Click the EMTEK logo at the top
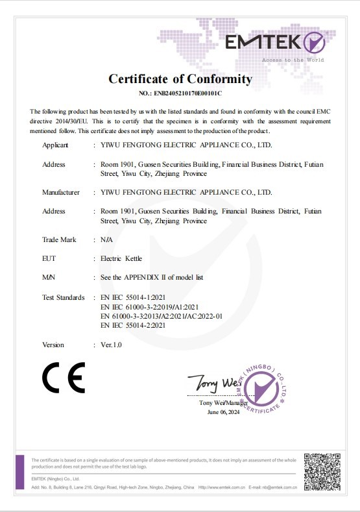tap(274, 43)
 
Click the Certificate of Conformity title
tap(180, 79)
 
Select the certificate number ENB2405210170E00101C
tap(180, 94)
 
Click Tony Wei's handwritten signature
tap(211, 384)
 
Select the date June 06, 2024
tap(222, 412)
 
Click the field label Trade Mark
tap(59, 239)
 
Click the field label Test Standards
tap(64, 297)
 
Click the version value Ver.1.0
tap(111, 345)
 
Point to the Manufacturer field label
tap(61, 192)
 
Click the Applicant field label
tap(55, 145)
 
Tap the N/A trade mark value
tap(107, 239)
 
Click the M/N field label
tap(49, 277)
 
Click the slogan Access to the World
tap(293, 60)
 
